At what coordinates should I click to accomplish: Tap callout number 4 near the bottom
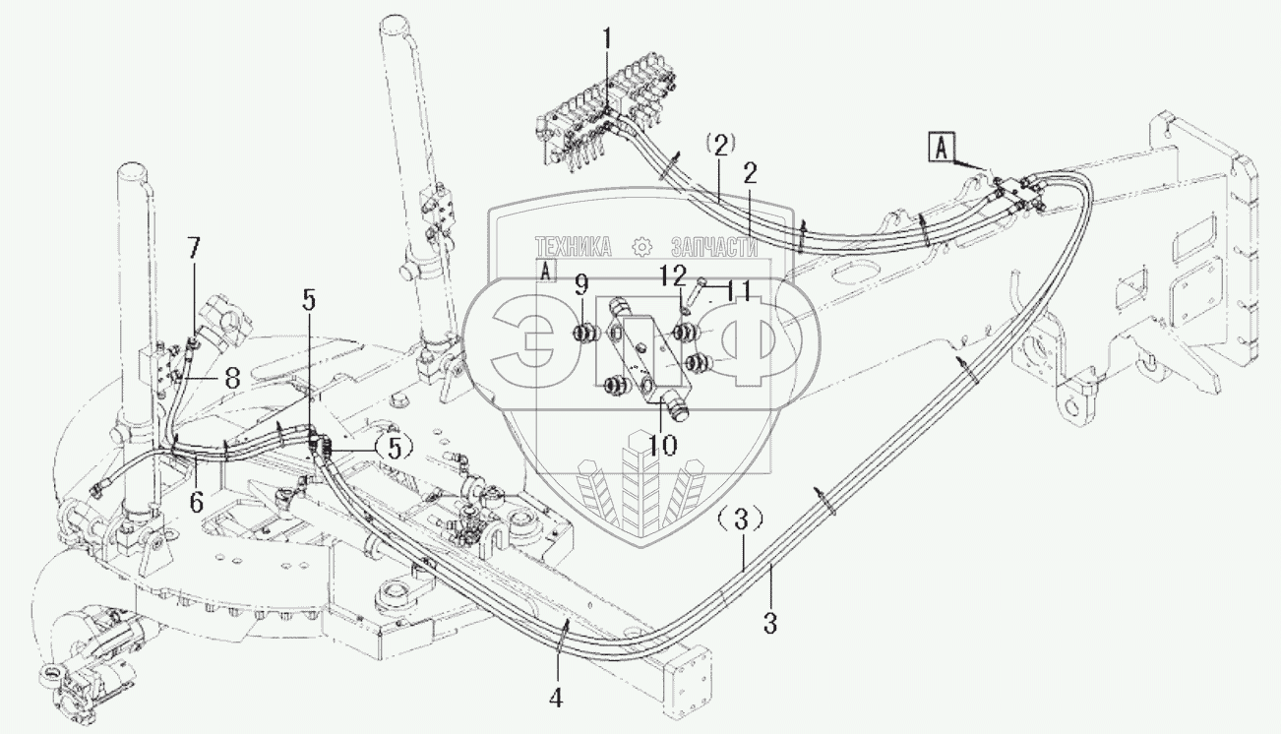[x=556, y=698]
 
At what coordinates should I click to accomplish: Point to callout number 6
[x=197, y=501]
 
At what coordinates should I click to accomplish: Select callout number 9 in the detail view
[x=581, y=286]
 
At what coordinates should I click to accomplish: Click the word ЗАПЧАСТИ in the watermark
[x=713, y=247]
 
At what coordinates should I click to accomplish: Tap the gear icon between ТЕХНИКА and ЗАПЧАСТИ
[x=643, y=247]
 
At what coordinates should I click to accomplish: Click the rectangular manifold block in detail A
[x=644, y=360]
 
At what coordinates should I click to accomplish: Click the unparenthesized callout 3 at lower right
[x=770, y=622]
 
